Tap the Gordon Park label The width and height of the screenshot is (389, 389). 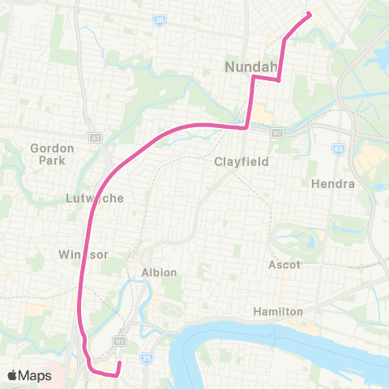pos(52,154)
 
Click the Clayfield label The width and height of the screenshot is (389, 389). pos(241,161)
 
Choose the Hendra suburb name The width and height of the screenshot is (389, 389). pos(333,184)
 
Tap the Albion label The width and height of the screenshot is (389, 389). pos(159,272)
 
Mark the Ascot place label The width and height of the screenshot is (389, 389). pos(284,265)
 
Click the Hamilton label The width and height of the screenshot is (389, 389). pos(277,311)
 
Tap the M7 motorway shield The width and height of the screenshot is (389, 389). pos(279,130)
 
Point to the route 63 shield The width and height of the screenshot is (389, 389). pos(339,149)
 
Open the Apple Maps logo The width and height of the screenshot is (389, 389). pos(29,375)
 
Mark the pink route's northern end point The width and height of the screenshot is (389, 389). pos(309,13)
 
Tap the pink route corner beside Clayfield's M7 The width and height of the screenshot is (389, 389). pos(246,126)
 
